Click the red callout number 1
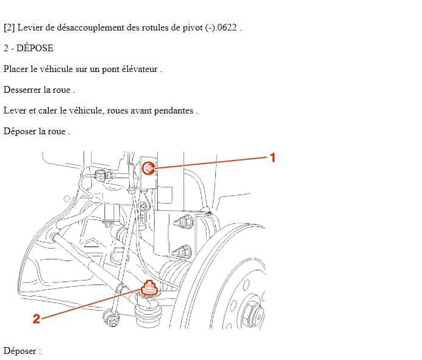tap(273, 157)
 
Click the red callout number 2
tap(37, 319)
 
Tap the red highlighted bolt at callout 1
tap(148, 168)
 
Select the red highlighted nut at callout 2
tap(149, 288)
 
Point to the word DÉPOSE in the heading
tap(35, 48)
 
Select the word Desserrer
tap(23, 90)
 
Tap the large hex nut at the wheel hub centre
tap(252, 313)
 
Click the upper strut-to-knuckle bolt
tap(184, 222)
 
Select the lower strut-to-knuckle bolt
tap(182, 252)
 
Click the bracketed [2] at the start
tap(9, 27)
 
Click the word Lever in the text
tap(15, 110)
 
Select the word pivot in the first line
tap(193, 28)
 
